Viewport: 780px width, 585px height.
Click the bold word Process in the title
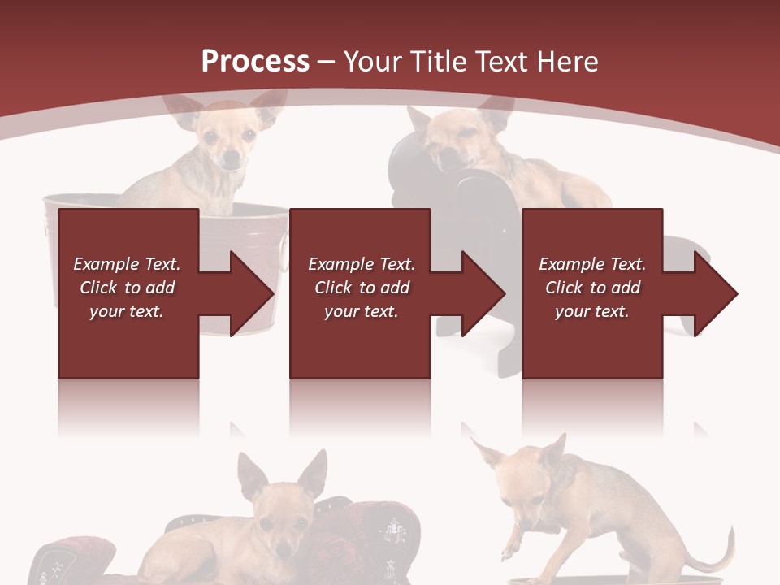point(255,61)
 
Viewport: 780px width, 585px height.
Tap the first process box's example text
point(127,288)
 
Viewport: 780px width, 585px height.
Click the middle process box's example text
point(362,288)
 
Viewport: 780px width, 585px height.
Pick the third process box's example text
point(592,288)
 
